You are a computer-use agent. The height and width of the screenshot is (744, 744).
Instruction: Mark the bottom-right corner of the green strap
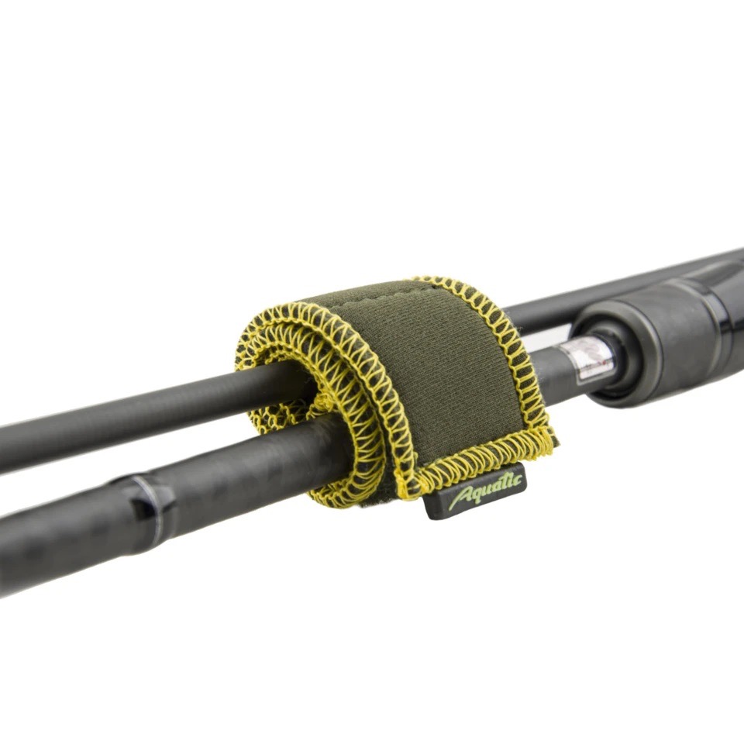tap(556, 444)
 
